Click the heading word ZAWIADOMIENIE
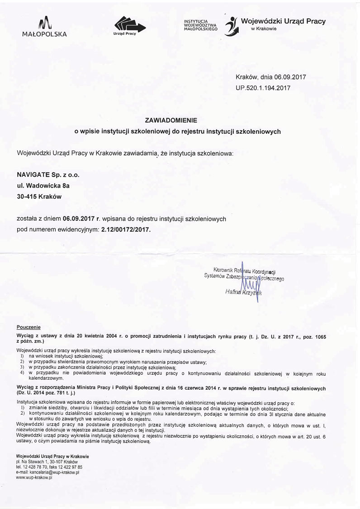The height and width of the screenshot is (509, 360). [x=177, y=121]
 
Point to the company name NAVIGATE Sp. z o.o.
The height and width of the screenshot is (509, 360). [x=50, y=174]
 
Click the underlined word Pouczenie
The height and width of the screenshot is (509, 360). [x=28, y=326]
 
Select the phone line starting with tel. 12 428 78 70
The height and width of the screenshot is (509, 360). [x=49, y=467]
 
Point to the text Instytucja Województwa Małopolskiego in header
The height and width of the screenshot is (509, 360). [x=200, y=25]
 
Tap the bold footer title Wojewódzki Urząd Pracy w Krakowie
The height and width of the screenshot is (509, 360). [x=52, y=456]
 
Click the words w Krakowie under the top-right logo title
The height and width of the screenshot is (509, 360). [x=264, y=28]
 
